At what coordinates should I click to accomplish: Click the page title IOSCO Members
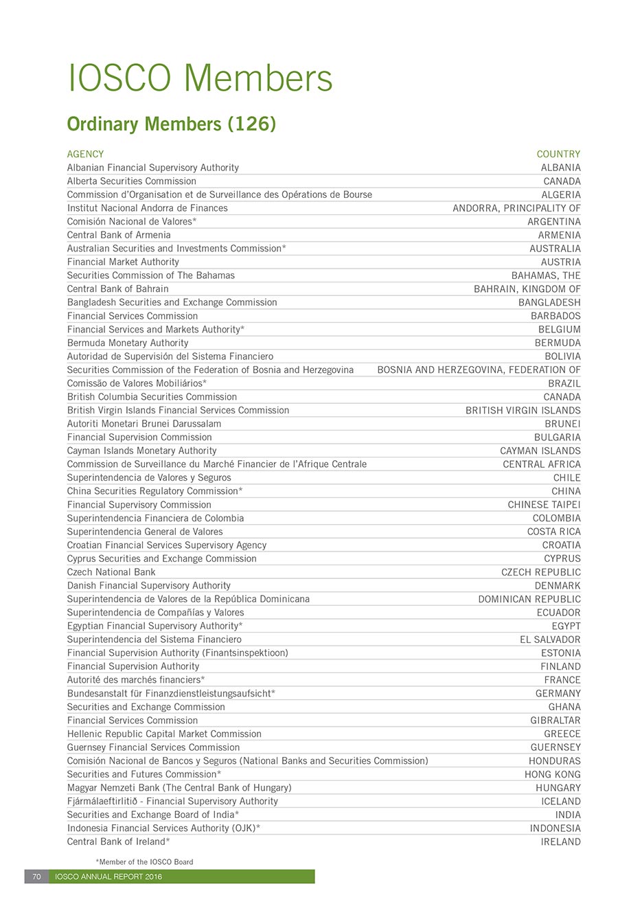coord(200,78)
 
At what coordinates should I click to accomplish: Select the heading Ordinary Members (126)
coord(171,124)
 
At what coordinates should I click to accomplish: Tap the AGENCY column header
coord(85,155)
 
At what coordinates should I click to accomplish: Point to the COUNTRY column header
coord(558,155)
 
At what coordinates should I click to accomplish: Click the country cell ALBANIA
coord(560,168)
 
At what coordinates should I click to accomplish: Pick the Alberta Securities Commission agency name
coord(131,181)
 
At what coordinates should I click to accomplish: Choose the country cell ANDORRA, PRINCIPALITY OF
coord(516,208)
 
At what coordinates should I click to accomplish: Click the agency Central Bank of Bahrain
coord(117,289)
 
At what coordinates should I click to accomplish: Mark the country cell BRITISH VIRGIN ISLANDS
coord(523,411)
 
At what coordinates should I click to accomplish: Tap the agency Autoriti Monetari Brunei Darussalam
coord(144,424)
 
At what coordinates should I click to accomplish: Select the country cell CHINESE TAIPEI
coord(544,505)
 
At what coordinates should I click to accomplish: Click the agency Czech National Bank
coord(111,572)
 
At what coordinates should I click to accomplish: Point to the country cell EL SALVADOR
coord(550,639)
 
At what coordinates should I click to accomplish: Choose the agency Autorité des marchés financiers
coord(135,680)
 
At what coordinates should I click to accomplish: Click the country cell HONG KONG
coord(552,775)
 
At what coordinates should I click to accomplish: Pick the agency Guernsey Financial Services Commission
coord(153,747)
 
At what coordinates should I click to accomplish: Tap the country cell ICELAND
coord(560,802)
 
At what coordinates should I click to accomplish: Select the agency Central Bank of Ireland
coord(118,842)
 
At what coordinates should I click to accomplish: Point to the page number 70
coord(36,877)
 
